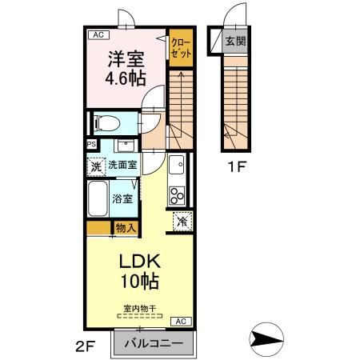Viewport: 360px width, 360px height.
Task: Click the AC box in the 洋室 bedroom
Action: (98, 35)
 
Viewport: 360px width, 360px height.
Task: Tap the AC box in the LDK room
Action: (181, 322)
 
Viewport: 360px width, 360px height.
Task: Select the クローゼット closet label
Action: (181, 48)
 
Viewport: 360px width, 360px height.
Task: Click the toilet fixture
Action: (107, 123)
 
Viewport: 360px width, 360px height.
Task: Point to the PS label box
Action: (92, 145)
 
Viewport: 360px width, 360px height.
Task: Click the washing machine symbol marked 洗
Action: (96, 166)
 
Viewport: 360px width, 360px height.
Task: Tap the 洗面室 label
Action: (122, 165)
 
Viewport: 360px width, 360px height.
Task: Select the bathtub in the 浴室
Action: (98, 198)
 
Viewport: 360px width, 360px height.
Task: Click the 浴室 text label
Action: (122, 198)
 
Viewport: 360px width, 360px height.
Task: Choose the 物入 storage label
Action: (126, 228)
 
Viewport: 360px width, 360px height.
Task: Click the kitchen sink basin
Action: (176, 165)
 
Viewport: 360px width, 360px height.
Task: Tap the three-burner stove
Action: (177, 196)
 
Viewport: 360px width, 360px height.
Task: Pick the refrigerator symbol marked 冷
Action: (182, 221)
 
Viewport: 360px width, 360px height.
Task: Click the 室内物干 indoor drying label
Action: (140, 309)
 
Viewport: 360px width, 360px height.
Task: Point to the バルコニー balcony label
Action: (154, 343)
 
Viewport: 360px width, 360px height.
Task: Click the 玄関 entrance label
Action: (235, 41)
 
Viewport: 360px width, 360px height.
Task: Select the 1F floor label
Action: (236, 167)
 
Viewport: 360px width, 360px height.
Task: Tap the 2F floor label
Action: (85, 346)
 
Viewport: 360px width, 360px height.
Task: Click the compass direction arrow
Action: (266, 340)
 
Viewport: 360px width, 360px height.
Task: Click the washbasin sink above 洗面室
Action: (126, 146)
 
